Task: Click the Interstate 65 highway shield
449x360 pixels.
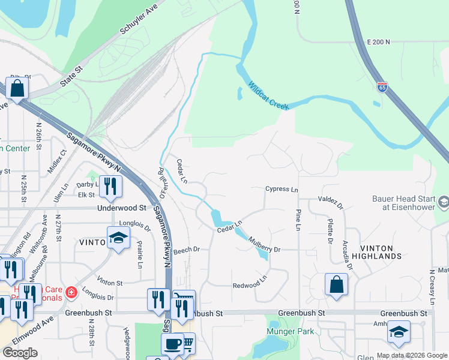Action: pyautogui.click(x=382, y=87)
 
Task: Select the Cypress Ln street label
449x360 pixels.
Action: pyautogui.click(x=282, y=190)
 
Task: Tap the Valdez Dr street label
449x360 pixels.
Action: pyautogui.click(x=331, y=202)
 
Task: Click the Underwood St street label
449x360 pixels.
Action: pyautogui.click(x=122, y=208)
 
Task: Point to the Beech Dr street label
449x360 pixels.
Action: pyautogui.click(x=186, y=249)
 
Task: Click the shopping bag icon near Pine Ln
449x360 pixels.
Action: pyautogui.click(x=336, y=284)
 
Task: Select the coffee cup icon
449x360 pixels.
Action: pyautogui.click(x=172, y=344)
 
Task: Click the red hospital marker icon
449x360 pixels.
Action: pyautogui.click(x=71, y=292)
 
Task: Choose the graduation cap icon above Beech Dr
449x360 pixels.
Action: pyautogui.click(x=118, y=237)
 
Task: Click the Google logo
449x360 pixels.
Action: pyautogui.click(x=20, y=353)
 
